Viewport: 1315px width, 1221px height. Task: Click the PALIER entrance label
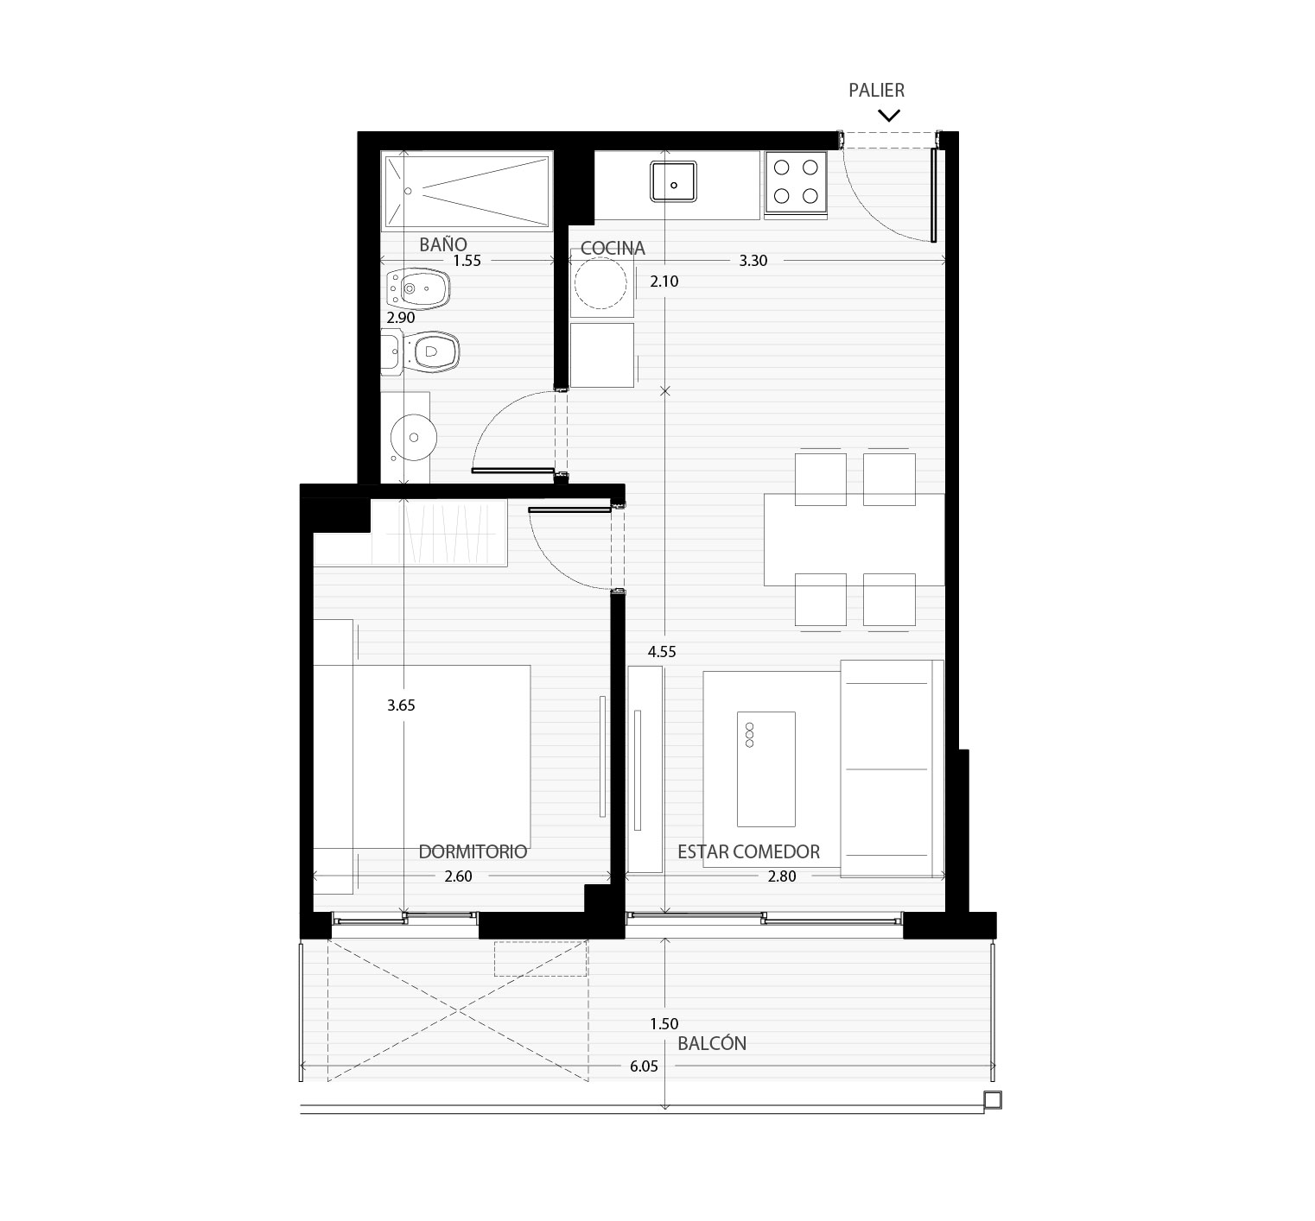[x=876, y=90]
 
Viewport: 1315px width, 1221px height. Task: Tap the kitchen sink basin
[x=674, y=181]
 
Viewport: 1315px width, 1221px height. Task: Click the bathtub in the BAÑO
[x=467, y=192]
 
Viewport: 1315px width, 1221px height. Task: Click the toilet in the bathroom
[x=421, y=352]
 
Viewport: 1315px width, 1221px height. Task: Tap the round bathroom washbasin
[x=412, y=436]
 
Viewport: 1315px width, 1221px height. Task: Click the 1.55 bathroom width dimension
[x=467, y=260]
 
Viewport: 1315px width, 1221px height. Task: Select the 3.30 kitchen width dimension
[x=753, y=260]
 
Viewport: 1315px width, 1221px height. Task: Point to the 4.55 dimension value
[x=662, y=652]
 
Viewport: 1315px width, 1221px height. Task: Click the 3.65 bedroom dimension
[x=401, y=705]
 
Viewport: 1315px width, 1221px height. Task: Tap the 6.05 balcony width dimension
[x=644, y=1066]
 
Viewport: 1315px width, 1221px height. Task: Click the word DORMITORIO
[x=473, y=851]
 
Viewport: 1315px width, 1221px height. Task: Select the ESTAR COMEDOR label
[x=748, y=851]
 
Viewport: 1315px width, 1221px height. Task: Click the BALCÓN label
[x=712, y=1042]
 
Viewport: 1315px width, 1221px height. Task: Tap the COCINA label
[x=613, y=248]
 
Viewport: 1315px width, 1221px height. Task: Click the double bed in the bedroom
[x=422, y=756]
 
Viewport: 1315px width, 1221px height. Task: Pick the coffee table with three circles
[x=765, y=769]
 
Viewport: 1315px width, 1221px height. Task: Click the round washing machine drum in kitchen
[x=601, y=282]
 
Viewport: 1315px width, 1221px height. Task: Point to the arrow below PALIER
[x=889, y=115]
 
